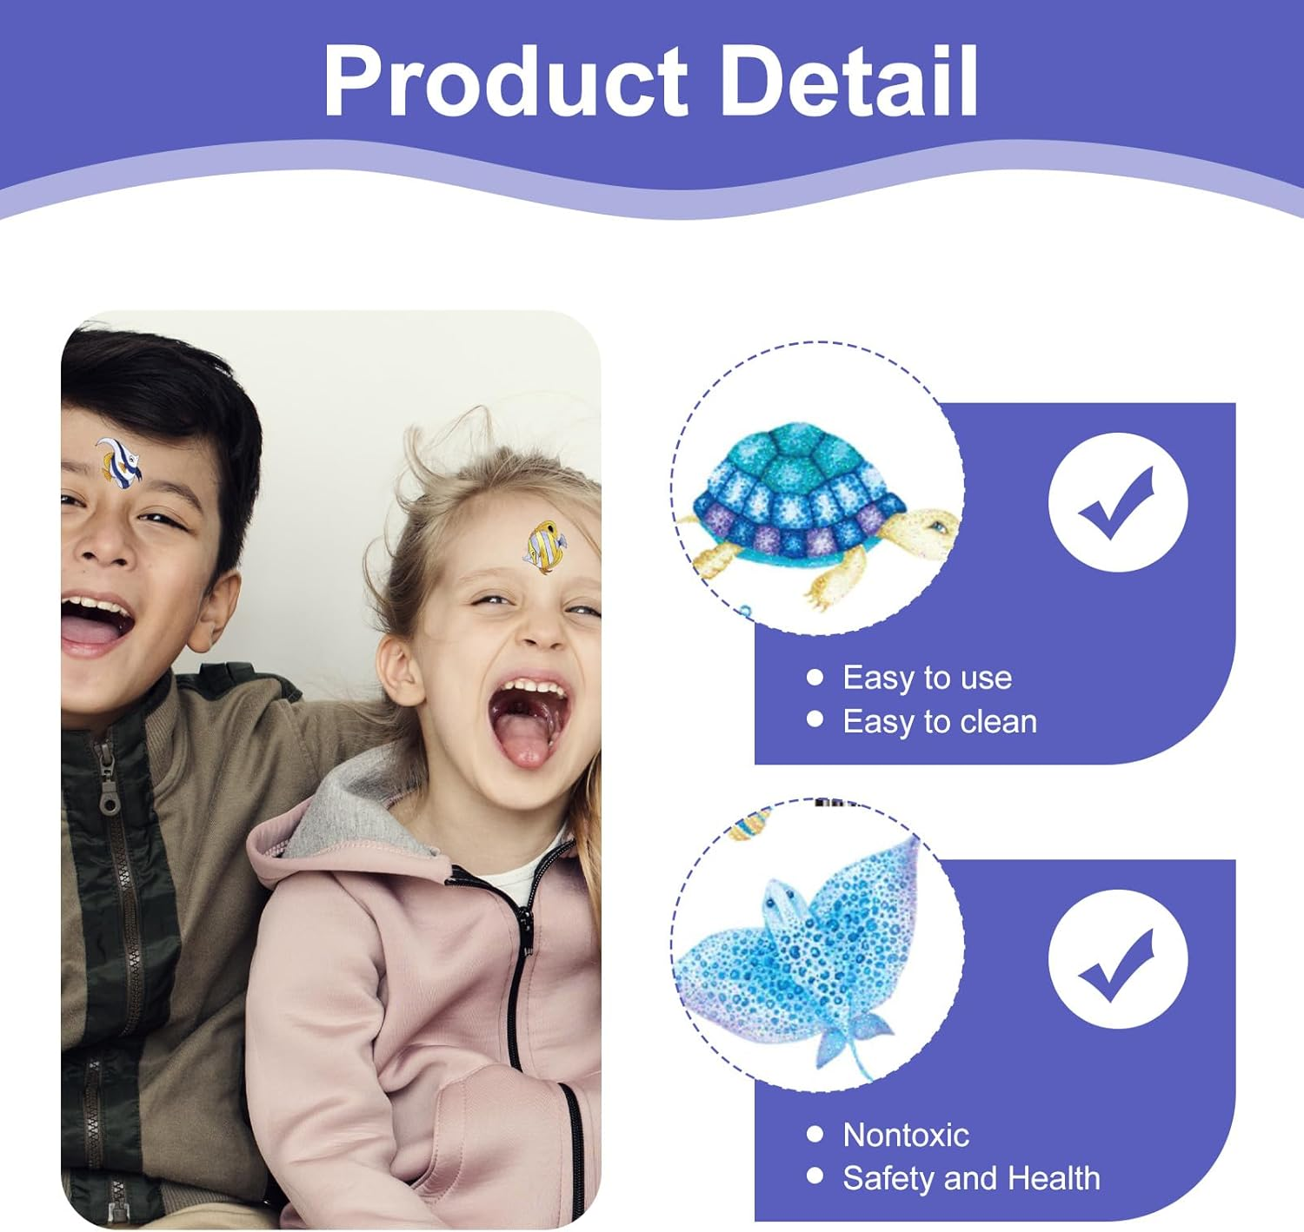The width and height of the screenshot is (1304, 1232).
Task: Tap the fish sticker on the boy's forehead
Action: click(x=118, y=462)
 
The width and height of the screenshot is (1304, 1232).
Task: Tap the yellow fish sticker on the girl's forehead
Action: click(x=545, y=546)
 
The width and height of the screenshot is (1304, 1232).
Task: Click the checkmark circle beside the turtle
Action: click(x=1118, y=502)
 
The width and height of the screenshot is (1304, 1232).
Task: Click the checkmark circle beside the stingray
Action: click(x=1118, y=959)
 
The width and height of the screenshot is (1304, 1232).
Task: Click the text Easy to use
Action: click(x=927, y=678)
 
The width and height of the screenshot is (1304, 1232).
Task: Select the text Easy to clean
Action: click(x=939, y=722)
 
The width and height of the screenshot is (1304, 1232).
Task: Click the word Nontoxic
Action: click(x=905, y=1135)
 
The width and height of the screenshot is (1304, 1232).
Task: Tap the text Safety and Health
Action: click(x=971, y=1179)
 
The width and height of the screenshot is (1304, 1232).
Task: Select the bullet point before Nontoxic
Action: click(x=815, y=1134)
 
